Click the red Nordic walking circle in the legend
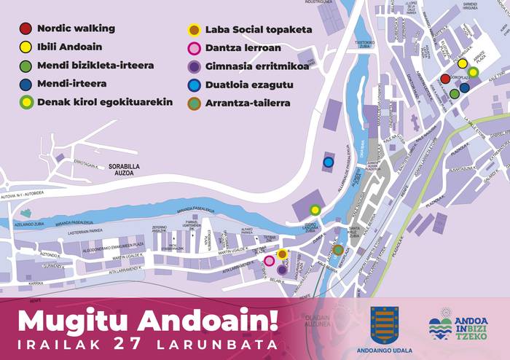pos(25,29)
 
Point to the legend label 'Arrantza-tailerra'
pos(248,103)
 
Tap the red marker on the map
pos(445,79)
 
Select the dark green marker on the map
pos(454,93)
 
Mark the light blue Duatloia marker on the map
pos(329,162)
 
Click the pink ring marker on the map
pos(269,260)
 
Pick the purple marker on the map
pos(282,269)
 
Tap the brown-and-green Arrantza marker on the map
pos(338,250)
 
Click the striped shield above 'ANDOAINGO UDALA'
pos(384,324)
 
